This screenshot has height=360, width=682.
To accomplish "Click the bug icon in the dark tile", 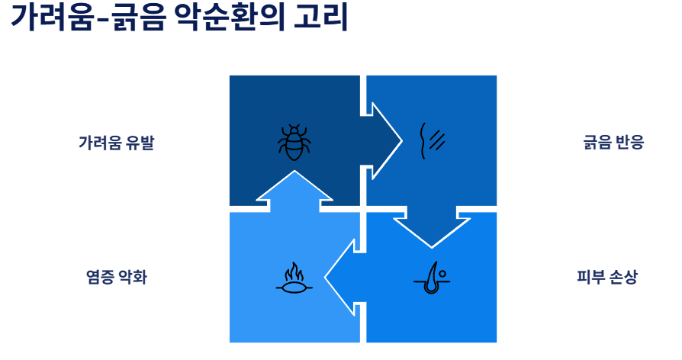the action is [294, 142].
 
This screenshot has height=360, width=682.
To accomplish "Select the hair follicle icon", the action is [433, 277].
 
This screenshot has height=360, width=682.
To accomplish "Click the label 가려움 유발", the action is [116, 143].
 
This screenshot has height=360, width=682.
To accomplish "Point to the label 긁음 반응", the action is [613, 143].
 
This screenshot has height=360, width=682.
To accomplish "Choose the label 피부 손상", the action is [606, 277].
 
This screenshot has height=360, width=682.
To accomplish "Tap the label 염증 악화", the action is [116, 277].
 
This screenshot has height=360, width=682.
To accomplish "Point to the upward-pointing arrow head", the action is [294, 186].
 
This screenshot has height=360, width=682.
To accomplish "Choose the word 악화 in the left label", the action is [131, 277].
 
